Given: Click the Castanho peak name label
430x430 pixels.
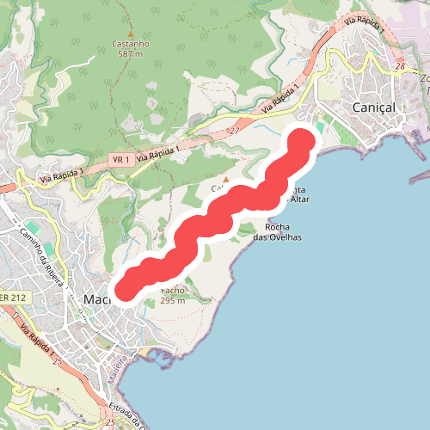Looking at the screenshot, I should pyautogui.click(x=131, y=43).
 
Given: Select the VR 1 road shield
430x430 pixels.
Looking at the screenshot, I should pyautogui.click(x=120, y=160).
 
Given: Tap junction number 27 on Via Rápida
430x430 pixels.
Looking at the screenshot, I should pyautogui.click(x=234, y=131).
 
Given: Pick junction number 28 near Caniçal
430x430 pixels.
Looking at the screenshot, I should pyautogui.click(x=400, y=65).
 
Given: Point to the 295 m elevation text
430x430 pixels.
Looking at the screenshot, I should pyautogui.click(x=173, y=301).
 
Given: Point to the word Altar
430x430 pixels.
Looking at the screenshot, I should pyautogui.click(x=299, y=200).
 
